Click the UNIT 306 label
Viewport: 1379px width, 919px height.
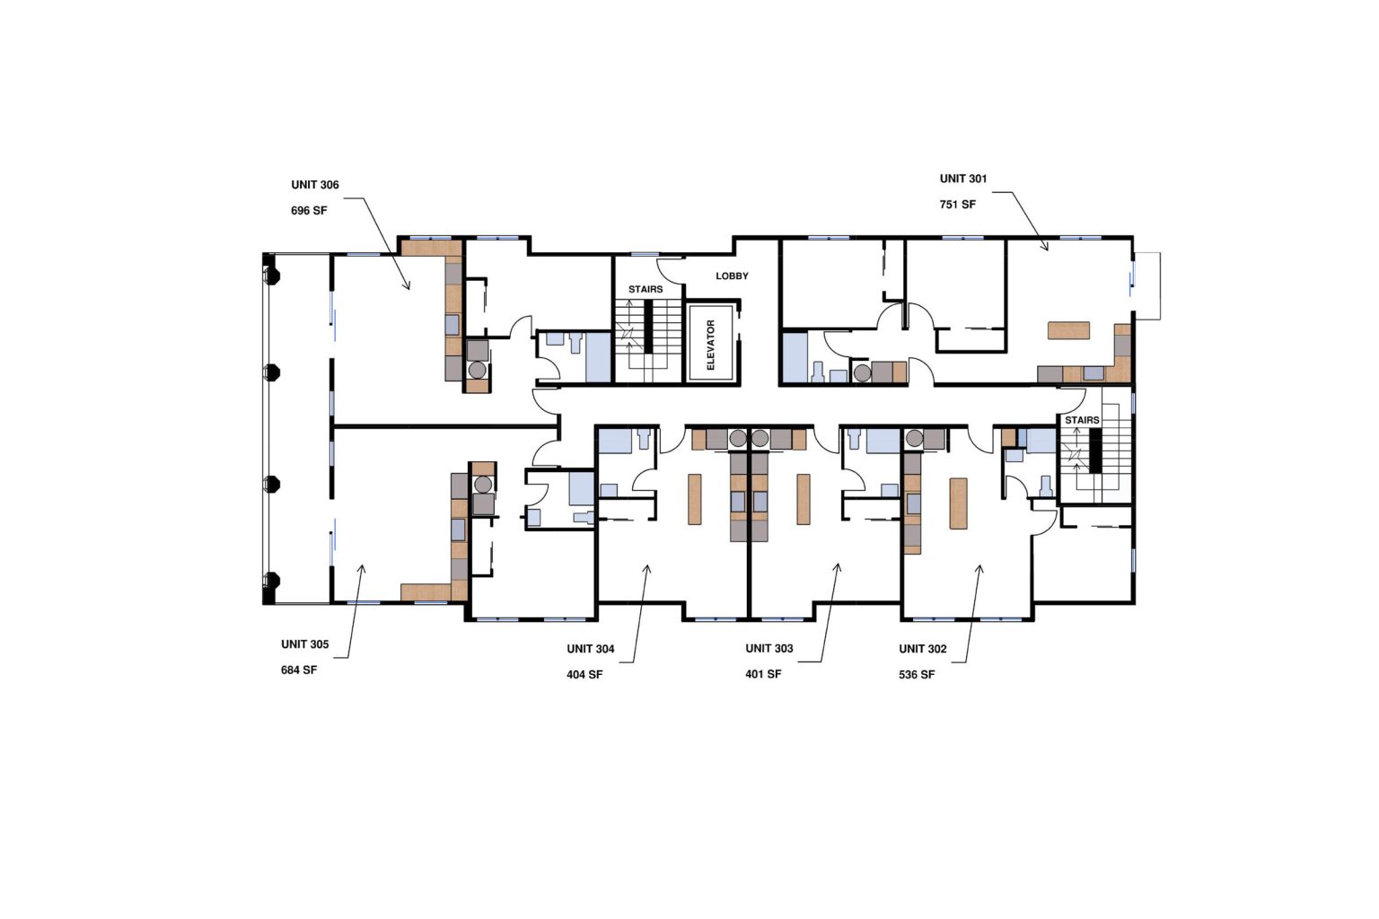pyautogui.click(x=314, y=185)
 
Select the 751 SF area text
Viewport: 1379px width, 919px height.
pyautogui.click(x=957, y=205)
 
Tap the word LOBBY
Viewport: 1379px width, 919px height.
pyautogui.click(x=732, y=276)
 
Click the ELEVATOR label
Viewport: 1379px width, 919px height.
pyautogui.click(x=711, y=345)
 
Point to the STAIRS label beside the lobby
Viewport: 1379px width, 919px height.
pyautogui.click(x=646, y=289)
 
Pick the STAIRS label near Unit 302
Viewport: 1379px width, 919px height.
pyautogui.click(x=1082, y=420)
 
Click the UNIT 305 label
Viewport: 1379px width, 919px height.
pyautogui.click(x=304, y=644)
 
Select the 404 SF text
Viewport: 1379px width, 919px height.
pyautogui.click(x=584, y=675)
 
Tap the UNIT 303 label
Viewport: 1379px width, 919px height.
pyautogui.click(x=769, y=648)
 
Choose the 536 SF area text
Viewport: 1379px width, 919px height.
pyautogui.click(x=916, y=675)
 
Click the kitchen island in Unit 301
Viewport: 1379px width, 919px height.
pyautogui.click(x=1068, y=330)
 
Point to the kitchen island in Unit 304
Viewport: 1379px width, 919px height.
pyautogui.click(x=694, y=499)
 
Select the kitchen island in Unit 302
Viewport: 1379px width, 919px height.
pyautogui.click(x=958, y=503)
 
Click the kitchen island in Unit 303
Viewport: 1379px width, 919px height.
pyautogui.click(x=803, y=499)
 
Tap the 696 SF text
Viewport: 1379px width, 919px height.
pyautogui.click(x=309, y=211)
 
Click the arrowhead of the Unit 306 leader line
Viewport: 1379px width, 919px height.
pyautogui.click(x=408, y=287)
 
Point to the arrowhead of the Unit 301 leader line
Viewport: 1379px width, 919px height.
pyautogui.click(x=1046, y=248)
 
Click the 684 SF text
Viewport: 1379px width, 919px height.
pyautogui.click(x=299, y=670)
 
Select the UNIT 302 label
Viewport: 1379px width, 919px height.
pyautogui.click(x=922, y=649)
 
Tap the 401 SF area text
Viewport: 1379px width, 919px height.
pyautogui.click(x=763, y=674)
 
